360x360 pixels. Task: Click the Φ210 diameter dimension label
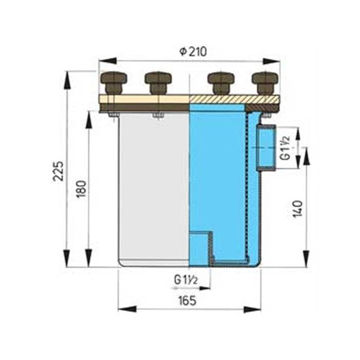(x=193, y=52)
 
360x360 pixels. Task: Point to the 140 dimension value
(x=298, y=207)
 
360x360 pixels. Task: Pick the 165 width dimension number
(x=187, y=301)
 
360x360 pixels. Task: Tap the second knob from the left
(x=157, y=82)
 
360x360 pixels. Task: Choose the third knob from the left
(x=220, y=82)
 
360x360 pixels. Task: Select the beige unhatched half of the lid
(x=144, y=99)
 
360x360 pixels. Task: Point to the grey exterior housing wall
(x=153, y=186)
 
